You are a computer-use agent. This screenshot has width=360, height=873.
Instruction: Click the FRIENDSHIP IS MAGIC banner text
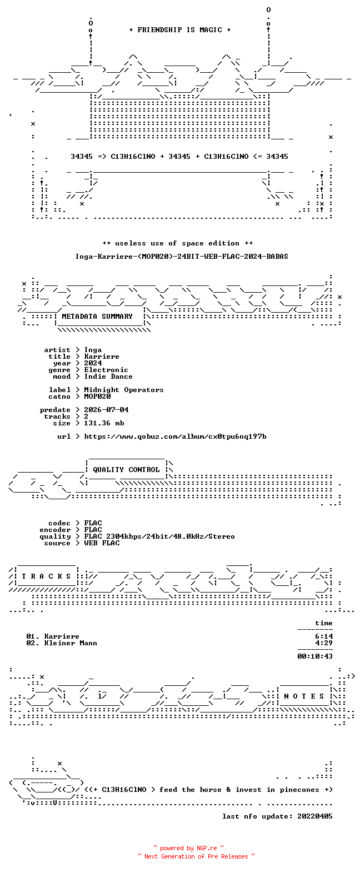pyautogui.click(x=180, y=30)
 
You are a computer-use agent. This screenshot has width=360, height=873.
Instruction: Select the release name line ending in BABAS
pyautogui.click(x=182, y=257)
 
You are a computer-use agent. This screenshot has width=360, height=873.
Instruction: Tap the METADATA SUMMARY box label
pyautogui.click(x=97, y=317)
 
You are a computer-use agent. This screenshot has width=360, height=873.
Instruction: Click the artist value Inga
pyautogui.click(x=93, y=350)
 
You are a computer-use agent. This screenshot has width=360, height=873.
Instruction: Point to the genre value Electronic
pyautogui.click(x=106, y=370)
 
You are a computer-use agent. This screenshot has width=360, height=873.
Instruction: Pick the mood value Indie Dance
pyautogui.click(x=108, y=377)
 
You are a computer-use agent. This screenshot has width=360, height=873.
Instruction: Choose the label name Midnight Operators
pyautogui.click(x=124, y=390)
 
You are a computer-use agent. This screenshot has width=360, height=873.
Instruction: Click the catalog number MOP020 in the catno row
pyautogui.click(x=98, y=397)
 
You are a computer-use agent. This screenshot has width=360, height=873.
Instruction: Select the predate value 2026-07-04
pyautogui.click(x=106, y=410)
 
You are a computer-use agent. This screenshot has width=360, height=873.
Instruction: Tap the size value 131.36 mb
pyautogui.click(x=104, y=423)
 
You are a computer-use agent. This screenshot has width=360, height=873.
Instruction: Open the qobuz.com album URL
pyautogui.click(x=175, y=436)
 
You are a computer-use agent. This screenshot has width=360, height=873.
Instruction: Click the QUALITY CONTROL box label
pyautogui.click(x=126, y=470)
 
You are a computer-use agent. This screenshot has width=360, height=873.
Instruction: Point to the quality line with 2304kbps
pyautogui.click(x=159, y=536)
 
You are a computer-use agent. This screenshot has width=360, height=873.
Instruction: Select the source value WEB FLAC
pyautogui.click(x=102, y=543)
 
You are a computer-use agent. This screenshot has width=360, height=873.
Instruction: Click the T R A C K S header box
pyautogui.click(x=47, y=576)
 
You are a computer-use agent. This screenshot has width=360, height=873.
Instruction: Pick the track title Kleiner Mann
pyautogui.click(x=71, y=643)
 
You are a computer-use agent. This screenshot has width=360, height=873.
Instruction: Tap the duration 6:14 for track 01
pyautogui.click(x=324, y=636)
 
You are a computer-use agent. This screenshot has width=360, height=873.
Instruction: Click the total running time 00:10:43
pyautogui.click(x=315, y=656)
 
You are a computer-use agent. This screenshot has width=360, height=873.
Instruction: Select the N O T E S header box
pyautogui.click(x=304, y=696)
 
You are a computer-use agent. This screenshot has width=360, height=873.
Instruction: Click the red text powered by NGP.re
pyautogui.click(x=189, y=848)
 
